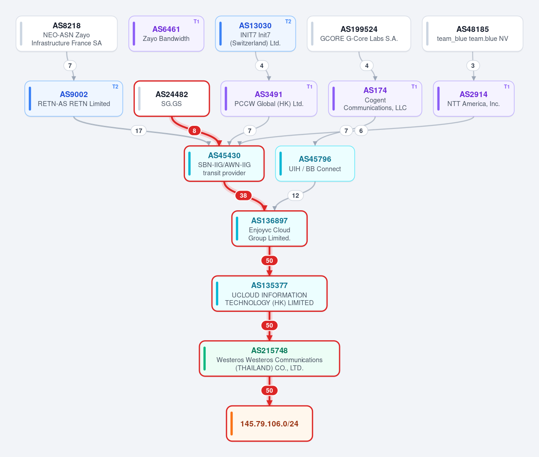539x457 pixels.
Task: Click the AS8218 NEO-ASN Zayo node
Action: point(66,34)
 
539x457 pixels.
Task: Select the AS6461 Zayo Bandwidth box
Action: point(166,34)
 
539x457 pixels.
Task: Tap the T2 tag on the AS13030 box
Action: point(288,22)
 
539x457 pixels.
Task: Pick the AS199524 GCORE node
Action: point(359,34)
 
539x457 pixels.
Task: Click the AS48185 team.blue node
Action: point(473,34)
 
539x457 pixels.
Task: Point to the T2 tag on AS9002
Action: point(115,87)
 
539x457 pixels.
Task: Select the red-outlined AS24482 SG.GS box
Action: point(172,98)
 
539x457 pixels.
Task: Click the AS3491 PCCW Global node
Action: point(269,98)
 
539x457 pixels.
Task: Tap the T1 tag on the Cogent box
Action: point(414,87)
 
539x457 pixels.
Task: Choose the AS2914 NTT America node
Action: point(473,98)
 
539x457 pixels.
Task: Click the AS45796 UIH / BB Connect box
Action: point(315,164)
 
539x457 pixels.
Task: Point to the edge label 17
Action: point(138,131)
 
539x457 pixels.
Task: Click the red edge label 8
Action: point(194,131)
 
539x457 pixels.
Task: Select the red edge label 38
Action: point(243,195)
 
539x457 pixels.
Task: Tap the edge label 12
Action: point(296,195)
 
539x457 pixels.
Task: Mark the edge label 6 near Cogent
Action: point(361,131)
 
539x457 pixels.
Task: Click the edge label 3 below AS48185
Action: point(473,66)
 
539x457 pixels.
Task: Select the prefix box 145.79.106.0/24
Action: point(269,424)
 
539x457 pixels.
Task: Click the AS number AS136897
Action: point(269,221)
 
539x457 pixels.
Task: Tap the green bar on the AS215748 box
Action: point(205,359)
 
